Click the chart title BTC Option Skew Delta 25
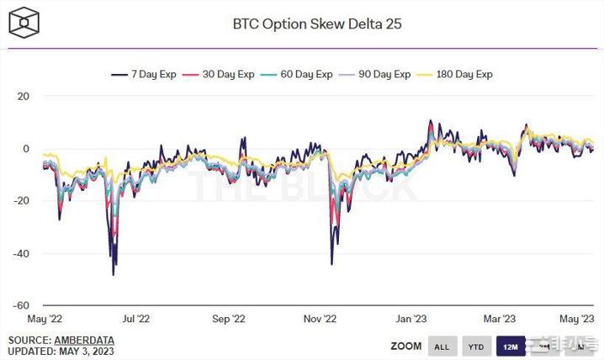[317, 24]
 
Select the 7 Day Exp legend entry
[148, 74]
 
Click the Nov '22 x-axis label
[319, 319]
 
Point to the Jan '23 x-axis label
[411, 319]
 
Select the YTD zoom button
[475, 346]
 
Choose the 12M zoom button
[511, 346]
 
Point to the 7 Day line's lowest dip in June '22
[114, 274]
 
